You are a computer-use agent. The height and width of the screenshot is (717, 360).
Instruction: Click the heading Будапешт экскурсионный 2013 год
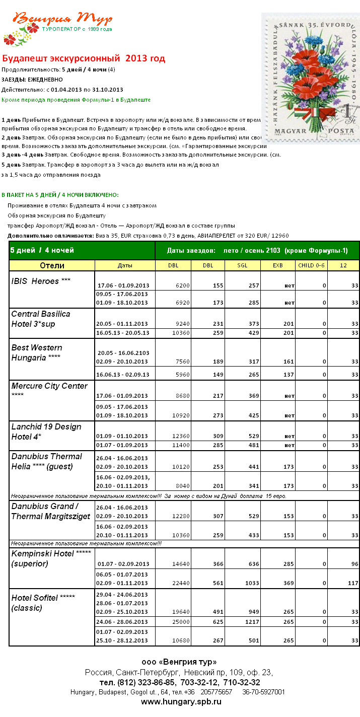[84, 58]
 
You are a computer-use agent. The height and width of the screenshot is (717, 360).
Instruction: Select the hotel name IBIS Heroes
[35, 281]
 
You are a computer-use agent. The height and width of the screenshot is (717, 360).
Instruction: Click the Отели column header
[52, 265]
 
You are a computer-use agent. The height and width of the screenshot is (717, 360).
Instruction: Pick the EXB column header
[278, 265]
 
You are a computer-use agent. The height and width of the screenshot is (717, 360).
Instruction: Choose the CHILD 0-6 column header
[312, 265]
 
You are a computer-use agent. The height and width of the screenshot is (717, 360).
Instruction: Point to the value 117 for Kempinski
[352, 583]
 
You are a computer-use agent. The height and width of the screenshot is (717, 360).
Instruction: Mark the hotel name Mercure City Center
[49, 386]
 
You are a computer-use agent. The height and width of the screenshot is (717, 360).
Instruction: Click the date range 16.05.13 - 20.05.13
[123, 333]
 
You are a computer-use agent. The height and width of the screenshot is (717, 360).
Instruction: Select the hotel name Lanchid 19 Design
[46, 426]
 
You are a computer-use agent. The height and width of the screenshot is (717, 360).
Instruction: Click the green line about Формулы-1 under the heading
[76, 100]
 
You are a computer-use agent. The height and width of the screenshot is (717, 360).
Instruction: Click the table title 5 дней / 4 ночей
[42, 250]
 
